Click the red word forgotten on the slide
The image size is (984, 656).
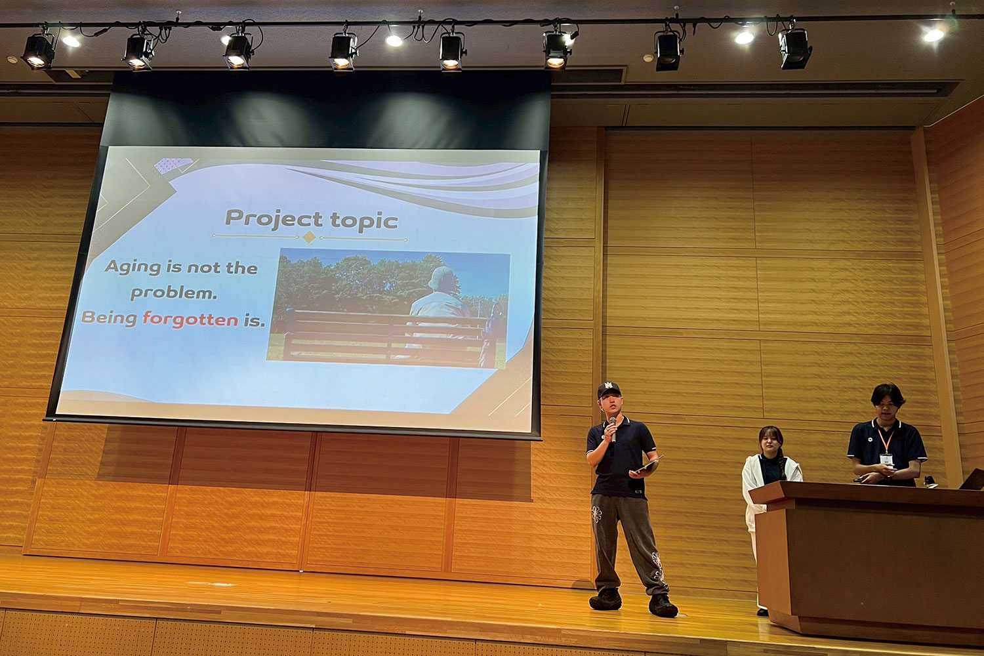[190, 319]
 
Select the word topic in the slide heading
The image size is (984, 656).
[364, 220]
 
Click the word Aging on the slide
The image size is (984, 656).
[133, 267]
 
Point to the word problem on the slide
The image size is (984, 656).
[174, 293]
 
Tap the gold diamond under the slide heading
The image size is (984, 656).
[309, 237]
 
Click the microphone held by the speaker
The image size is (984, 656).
[613, 429]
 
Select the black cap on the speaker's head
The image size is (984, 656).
[608, 389]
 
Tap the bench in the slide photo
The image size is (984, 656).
[386, 336]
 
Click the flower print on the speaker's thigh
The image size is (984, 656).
[596, 514]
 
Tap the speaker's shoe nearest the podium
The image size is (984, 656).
[663, 605]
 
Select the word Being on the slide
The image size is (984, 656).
[109, 318]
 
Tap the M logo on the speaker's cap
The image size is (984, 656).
[608, 385]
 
